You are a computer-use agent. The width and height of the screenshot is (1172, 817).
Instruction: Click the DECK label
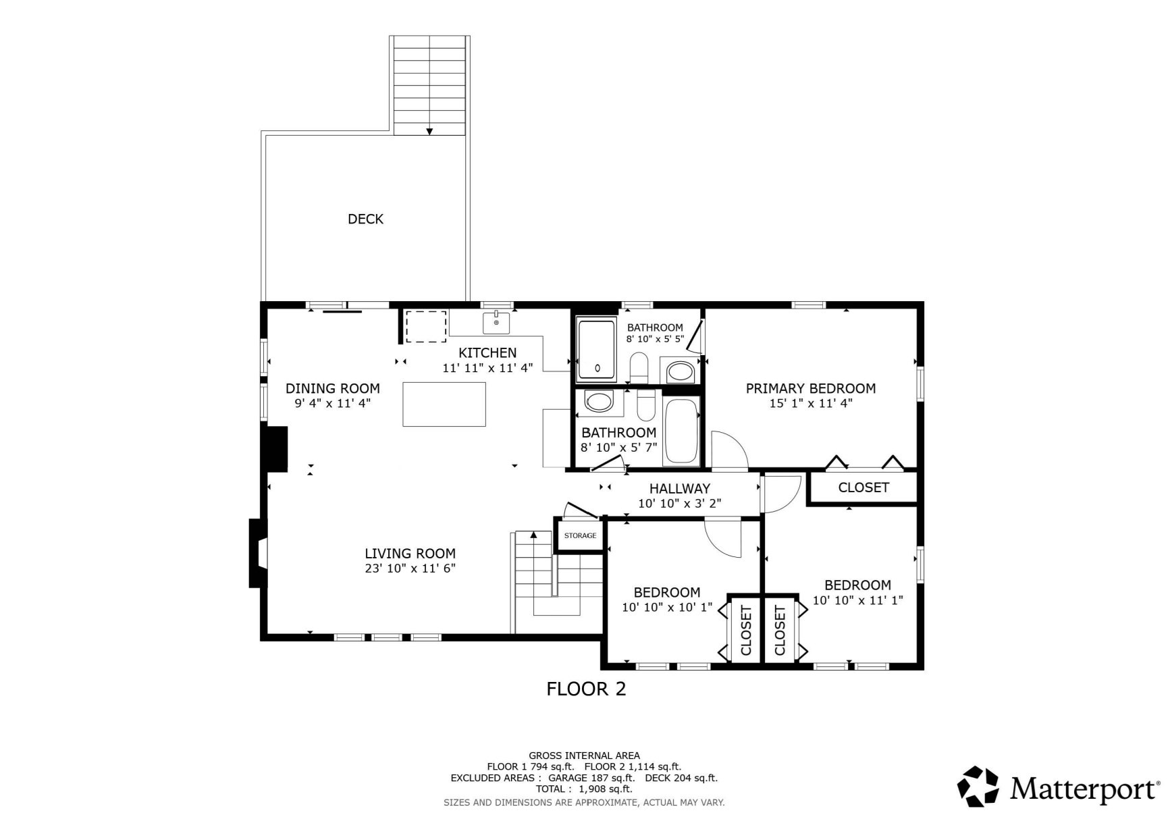pyautogui.click(x=365, y=219)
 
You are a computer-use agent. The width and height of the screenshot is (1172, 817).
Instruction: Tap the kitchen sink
pyautogui.click(x=496, y=323)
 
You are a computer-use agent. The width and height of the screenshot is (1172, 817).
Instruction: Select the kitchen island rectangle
pyautogui.click(x=444, y=404)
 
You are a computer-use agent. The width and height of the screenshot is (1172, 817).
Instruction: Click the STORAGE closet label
pyautogui.click(x=580, y=535)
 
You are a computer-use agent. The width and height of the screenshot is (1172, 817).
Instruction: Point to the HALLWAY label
pyautogui.click(x=679, y=488)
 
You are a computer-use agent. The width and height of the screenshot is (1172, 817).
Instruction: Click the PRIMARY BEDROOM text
pyautogui.click(x=810, y=388)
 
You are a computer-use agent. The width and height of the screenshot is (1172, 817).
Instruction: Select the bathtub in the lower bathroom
pyautogui.click(x=682, y=431)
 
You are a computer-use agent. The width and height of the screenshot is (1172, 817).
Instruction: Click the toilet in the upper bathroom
pyautogui.click(x=639, y=367)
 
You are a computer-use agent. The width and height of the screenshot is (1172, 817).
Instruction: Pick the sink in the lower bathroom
pyautogui.click(x=599, y=402)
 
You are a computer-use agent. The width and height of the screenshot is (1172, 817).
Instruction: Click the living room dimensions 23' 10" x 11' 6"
pyautogui.click(x=410, y=569)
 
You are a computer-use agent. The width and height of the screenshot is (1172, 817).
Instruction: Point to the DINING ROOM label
pyautogui.click(x=332, y=388)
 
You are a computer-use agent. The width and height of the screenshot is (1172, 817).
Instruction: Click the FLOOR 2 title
pyautogui.click(x=585, y=689)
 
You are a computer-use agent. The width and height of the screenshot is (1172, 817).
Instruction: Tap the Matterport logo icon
pyautogui.click(x=978, y=787)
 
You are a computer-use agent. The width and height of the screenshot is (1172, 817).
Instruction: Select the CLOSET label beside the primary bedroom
pyautogui.click(x=863, y=487)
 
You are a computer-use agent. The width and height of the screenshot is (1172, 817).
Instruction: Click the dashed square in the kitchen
pyautogui.click(x=426, y=326)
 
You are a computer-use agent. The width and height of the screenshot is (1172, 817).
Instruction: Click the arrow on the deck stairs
pyautogui.click(x=429, y=132)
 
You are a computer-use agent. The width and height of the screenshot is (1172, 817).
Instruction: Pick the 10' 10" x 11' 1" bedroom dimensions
pyautogui.click(x=857, y=600)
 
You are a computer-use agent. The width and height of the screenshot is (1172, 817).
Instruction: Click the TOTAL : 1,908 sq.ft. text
pyautogui.click(x=584, y=789)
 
